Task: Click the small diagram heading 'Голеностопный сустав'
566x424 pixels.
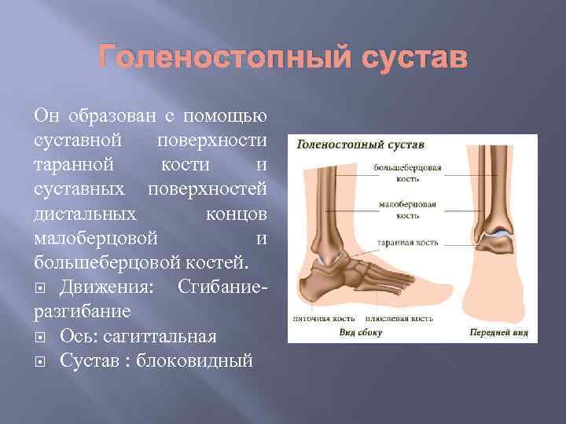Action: [x=360, y=145]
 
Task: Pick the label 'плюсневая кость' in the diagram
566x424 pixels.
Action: [x=399, y=320]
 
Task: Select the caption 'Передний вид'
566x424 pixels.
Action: [x=498, y=332]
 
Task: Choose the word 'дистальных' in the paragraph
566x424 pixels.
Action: [x=79, y=214]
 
